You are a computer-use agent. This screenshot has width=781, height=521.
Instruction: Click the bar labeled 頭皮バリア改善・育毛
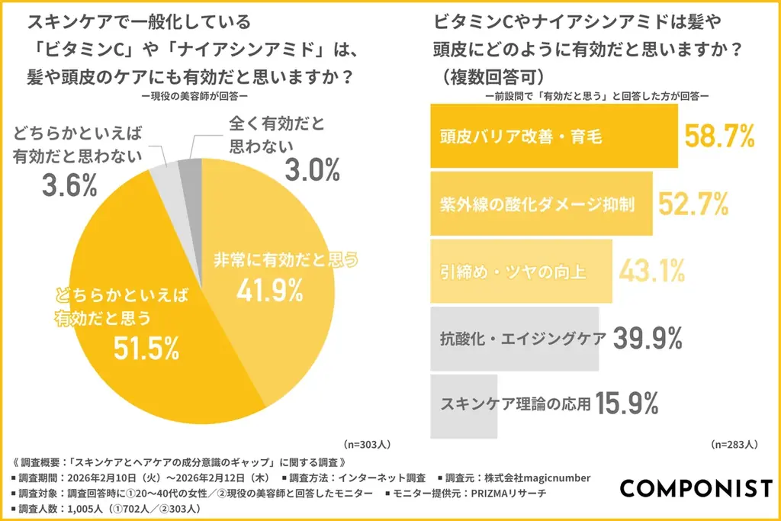(554, 137)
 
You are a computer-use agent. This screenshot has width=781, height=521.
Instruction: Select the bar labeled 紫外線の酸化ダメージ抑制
(542, 204)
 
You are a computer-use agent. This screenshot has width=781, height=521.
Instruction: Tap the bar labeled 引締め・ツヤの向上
(521, 270)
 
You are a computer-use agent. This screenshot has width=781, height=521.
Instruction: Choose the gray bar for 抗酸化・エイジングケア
(515, 337)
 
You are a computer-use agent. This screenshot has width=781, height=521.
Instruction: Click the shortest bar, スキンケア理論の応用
(464, 404)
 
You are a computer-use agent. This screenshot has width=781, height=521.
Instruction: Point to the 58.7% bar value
(718, 137)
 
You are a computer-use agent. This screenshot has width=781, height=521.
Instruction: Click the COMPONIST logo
(695, 487)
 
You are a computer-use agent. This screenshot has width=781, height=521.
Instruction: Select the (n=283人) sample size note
(734, 443)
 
